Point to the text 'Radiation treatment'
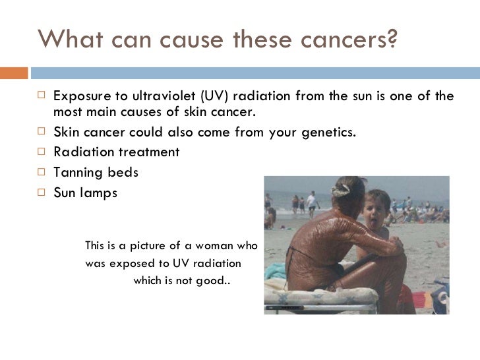pos(116,152)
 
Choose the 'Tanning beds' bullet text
pos(96,173)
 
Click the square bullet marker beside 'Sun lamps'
pos(41,194)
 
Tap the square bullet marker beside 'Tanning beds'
pos(41,173)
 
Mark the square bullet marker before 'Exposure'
pos(41,96)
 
